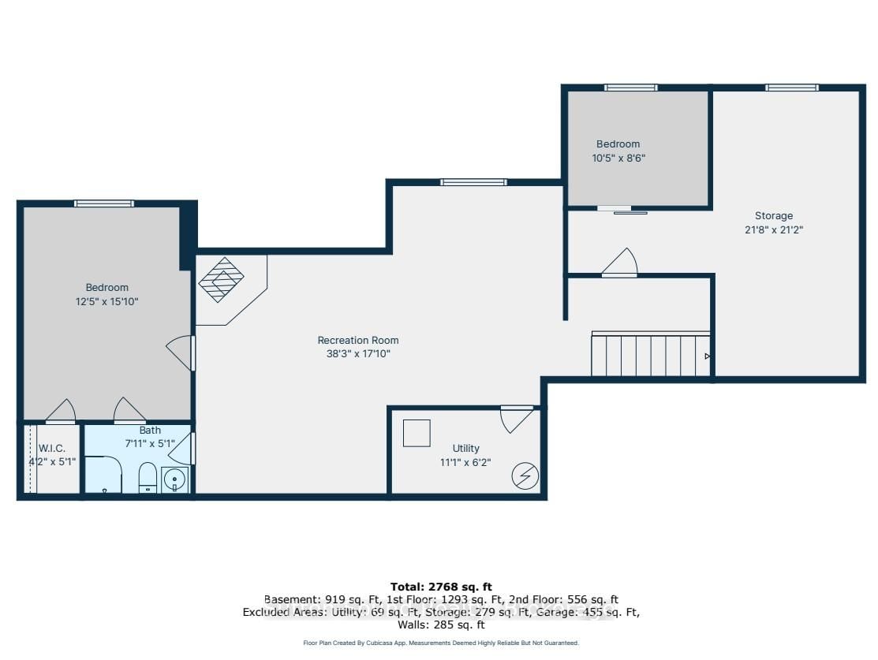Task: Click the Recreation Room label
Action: pos(358,340)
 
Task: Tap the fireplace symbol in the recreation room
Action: pos(222,279)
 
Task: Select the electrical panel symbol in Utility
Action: pos(525,476)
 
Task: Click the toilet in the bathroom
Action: pos(148,477)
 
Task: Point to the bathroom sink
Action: pos(174,479)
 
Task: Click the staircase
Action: pos(651,354)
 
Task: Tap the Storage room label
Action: pos(773,215)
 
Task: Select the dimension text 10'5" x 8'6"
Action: pos(618,158)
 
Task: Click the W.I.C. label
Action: pos(51,449)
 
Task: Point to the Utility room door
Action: pos(516,419)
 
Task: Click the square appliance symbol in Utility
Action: pos(417,433)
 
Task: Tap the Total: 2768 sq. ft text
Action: pos(441,587)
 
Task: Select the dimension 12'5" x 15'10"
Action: pos(107,301)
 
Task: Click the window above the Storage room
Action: pos(792,88)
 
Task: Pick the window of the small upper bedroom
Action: pos(630,88)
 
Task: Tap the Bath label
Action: pos(150,430)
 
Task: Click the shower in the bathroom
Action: pos(103,475)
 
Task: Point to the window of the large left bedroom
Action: pos(104,203)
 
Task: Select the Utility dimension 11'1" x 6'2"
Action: pos(465,462)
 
